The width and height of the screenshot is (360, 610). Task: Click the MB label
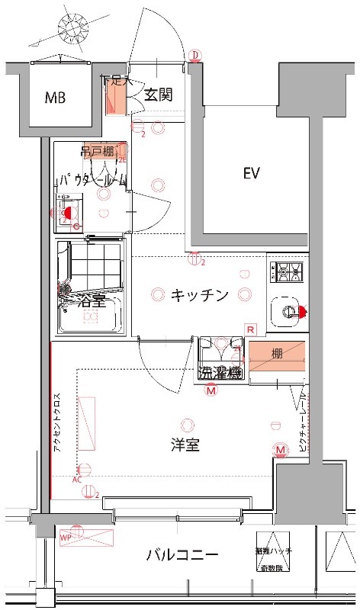tap(54, 98)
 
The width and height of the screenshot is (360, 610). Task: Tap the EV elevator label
tap(252, 174)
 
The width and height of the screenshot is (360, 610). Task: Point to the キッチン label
tap(199, 295)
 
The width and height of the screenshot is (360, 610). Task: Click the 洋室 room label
tap(185, 445)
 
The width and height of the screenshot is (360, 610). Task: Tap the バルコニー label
tap(182, 554)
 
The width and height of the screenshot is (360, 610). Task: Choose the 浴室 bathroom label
tap(91, 303)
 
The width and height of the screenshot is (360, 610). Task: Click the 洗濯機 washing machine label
tap(220, 373)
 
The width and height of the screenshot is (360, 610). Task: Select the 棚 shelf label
tap(277, 354)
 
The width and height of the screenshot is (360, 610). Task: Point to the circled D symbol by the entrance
tap(195, 55)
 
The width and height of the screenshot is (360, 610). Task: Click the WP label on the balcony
tap(65, 537)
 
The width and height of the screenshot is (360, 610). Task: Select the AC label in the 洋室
tap(77, 480)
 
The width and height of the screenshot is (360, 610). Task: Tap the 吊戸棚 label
tap(97, 152)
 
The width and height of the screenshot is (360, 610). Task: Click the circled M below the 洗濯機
tap(211, 390)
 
